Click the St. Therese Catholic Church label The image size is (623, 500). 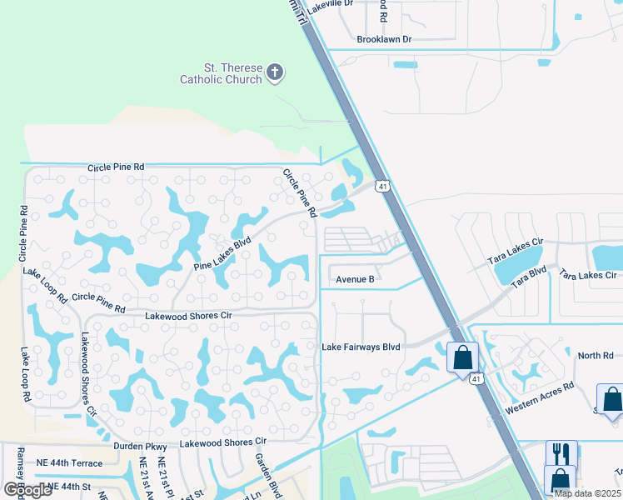coord(221,73)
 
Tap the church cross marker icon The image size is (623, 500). coord(276,73)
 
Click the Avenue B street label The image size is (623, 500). coord(356,280)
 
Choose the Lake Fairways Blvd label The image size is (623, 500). coord(361,347)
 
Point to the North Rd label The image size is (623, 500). coord(596,356)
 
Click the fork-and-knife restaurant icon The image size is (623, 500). coord(561,454)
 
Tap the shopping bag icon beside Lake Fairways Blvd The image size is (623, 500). coord(461,357)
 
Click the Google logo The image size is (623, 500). coord(28,490)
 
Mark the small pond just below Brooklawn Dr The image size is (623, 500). coord(405,64)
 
